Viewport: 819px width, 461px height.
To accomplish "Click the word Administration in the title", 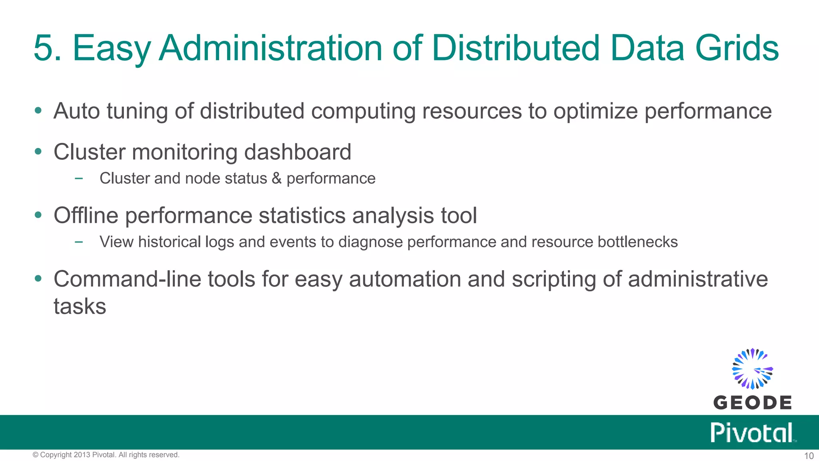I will pyautogui.click(x=271, y=48).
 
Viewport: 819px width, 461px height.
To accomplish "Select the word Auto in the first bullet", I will pyautogui.click(x=76, y=111).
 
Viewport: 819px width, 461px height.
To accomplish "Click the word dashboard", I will pyautogui.click(x=298, y=152).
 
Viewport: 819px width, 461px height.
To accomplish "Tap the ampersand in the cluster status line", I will pyautogui.click(x=276, y=178).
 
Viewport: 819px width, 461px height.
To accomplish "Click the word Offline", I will pyautogui.click(x=86, y=215).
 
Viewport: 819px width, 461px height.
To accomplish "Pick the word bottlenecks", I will pyautogui.click(x=637, y=242).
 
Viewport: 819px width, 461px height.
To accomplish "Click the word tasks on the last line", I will pyautogui.click(x=80, y=307).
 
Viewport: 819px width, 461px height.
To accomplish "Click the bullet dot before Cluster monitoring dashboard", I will pyautogui.click(x=38, y=152).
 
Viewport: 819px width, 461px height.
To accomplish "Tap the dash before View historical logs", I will pyautogui.click(x=79, y=242).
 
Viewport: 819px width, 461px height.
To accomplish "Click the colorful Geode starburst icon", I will pyautogui.click(x=752, y=369).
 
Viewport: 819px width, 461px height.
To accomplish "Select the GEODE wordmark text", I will pyautogui.click(x=752, y=403).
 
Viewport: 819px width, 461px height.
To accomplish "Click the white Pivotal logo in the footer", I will pyautogui.click(x=752, y=433).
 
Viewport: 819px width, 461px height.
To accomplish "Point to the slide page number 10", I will pyautogui.click(x=809, y=456).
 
